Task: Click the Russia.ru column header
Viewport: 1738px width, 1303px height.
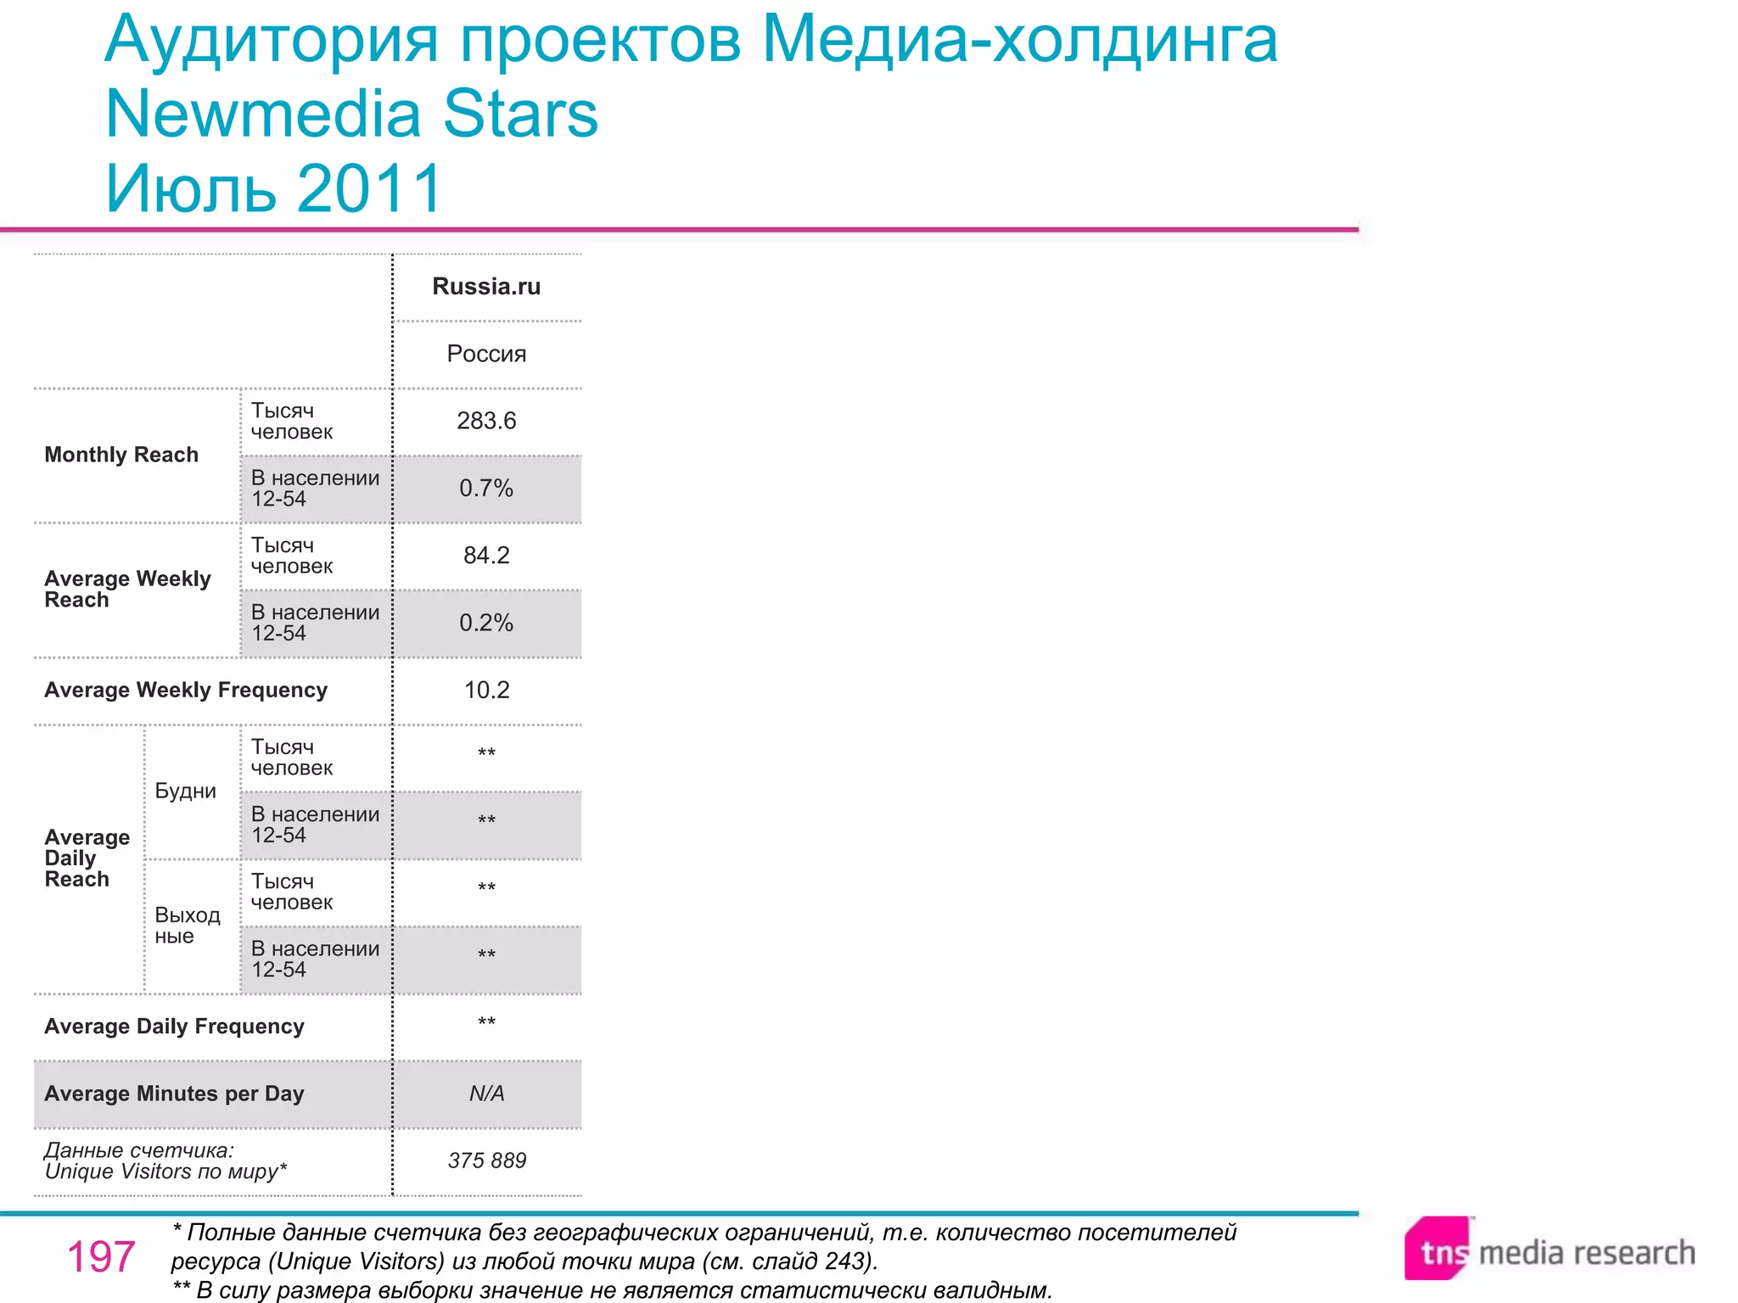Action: pos(486,287)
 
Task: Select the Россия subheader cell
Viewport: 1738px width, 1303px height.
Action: pos(486,354)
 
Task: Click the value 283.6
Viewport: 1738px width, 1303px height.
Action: pos(486,421)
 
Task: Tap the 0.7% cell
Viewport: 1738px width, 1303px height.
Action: pos(486,489)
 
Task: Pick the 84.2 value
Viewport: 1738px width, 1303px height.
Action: pos(486,556)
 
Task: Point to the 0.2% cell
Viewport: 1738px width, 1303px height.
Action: pos(486,623)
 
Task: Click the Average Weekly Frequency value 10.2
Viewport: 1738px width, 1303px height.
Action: pos(486,690)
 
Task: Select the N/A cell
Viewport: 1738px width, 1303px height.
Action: pos(486,1093)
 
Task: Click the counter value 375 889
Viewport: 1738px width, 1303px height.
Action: pos(487,1160)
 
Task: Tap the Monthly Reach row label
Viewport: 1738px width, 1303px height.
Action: pos(121,455)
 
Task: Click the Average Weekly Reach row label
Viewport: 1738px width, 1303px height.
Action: pos(127,589)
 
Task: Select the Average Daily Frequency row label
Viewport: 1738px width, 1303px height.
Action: pos(174,1026)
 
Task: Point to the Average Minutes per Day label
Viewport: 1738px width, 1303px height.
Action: pos(174,1093)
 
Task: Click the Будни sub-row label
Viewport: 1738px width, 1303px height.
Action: pos(185,791)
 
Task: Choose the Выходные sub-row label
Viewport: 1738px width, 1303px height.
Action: pos(187,926)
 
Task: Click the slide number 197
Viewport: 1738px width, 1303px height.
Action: pos(101,1256)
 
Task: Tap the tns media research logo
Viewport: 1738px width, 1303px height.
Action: pos(1549,1250)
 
